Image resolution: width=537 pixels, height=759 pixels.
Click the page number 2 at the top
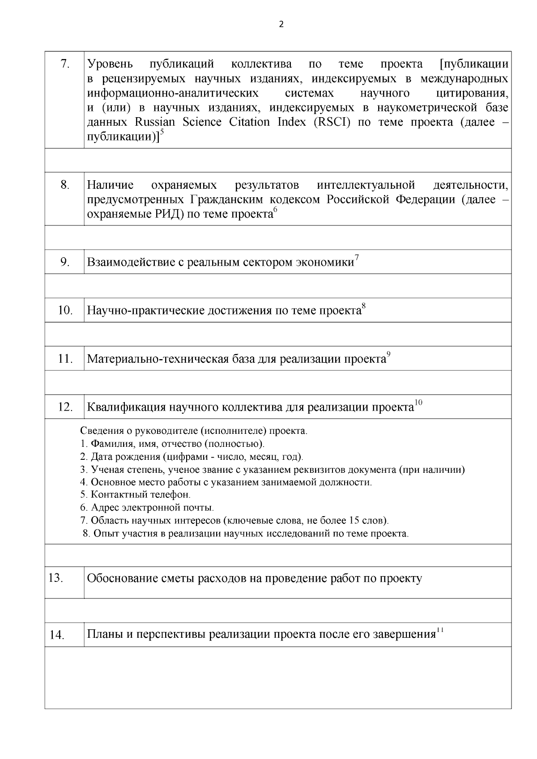281,25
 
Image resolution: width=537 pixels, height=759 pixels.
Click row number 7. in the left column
65,64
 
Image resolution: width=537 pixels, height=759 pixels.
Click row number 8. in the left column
65,185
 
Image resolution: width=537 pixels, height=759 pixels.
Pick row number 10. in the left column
65,310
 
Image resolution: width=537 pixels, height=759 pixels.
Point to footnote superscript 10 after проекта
418,403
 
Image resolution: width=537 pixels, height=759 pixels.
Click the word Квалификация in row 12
126,407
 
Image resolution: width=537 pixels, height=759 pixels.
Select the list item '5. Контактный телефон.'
136,495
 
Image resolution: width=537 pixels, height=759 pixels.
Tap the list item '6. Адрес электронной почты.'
147,508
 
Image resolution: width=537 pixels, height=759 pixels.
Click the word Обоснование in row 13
122,579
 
